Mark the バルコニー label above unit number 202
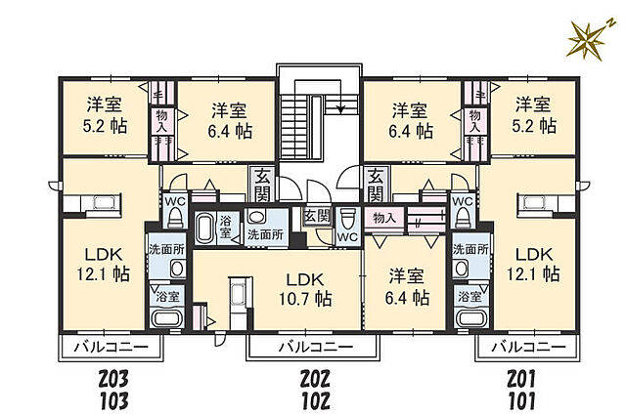pyautogui.click(x=307, y=347)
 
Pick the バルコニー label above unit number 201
pyautogui.click(x=527, y=347)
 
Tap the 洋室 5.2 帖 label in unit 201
pyautogui.click(x=534, y=116)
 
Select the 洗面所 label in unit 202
pyautogui.click(x=265, y=234)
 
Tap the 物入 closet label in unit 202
pyautogui.click(x=383, y=218)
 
